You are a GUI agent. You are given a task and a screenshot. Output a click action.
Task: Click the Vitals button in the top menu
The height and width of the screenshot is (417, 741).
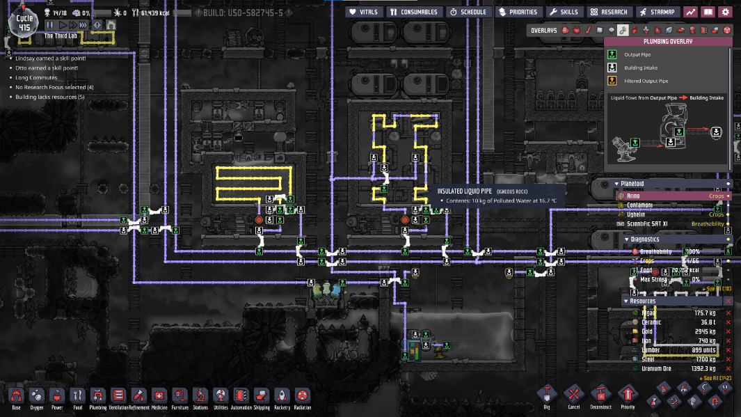click(363, 12)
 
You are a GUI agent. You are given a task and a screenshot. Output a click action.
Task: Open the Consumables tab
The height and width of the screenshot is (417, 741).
click(413, 12)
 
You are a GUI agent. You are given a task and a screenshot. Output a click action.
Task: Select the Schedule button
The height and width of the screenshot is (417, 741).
click(468, 12)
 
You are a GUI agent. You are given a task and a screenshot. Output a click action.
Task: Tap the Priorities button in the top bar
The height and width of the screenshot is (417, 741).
click(518, 12)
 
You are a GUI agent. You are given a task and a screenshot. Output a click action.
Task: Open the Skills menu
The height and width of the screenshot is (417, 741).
click(564, 12)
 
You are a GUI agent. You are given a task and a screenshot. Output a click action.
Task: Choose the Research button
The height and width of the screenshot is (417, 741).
click(609, 12)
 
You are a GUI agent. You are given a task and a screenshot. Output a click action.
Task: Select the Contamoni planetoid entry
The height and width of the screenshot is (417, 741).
click(640, 205)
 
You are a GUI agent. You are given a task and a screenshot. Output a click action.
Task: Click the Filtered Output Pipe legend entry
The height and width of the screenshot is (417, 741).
click(641, 81)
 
